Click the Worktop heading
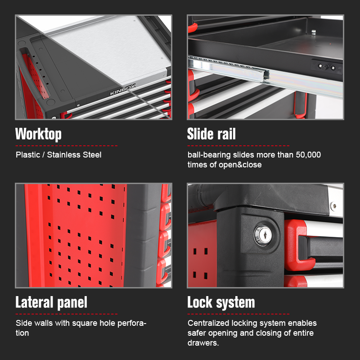coord(38,134)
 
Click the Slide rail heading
coord(211,134)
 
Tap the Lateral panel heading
coord(51,302)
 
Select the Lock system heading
coord(221,302)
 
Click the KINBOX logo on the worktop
coord(122,90)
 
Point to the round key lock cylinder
coord(263,235)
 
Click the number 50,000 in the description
coord(308,155)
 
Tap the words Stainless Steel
coord(74,155)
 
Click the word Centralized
coord(208,323)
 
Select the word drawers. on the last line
coord(203,343)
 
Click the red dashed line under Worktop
coord(66,146)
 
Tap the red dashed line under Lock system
coord(238,314)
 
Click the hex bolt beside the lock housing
coord(333,205)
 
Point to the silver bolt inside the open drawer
coord(313,32)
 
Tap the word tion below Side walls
coord(22,333)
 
